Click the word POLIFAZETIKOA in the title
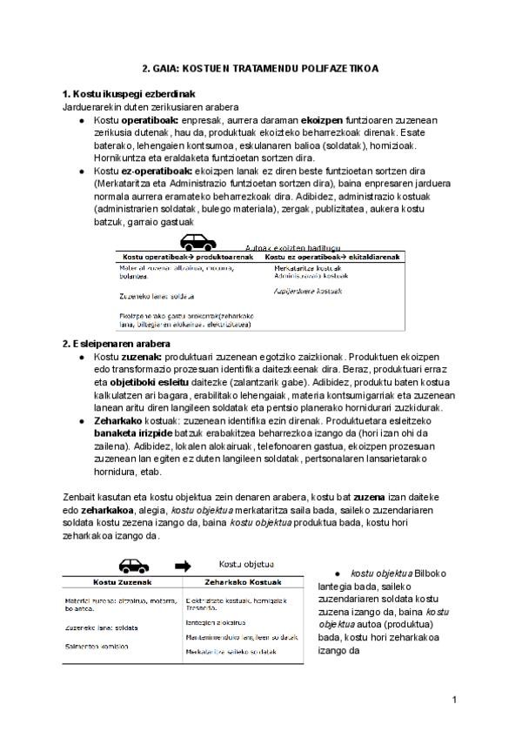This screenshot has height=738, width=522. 344,67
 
